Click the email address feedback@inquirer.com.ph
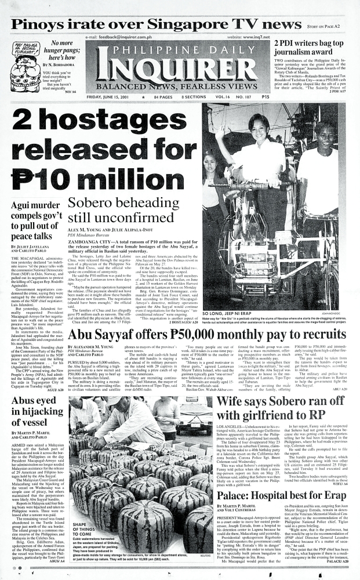(x=126, y=37)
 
